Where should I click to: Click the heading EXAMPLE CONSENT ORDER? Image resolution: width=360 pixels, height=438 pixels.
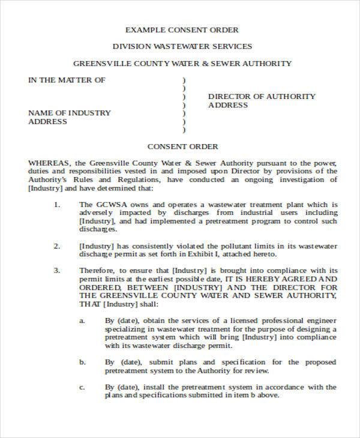pos(182,29)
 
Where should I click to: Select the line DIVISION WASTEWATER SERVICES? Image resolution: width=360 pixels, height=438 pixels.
pos(182,46)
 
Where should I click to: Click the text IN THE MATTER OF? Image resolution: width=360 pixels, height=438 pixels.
pos(67,80)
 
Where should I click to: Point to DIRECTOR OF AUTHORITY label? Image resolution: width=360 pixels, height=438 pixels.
pos(262,96)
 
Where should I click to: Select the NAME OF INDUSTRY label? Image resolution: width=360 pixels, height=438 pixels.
pos(70,113)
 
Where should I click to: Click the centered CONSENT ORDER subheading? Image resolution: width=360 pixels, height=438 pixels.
pos(182,146)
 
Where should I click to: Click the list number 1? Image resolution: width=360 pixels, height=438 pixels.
pos(57,205)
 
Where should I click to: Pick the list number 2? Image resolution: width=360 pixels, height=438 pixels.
pos(57,246)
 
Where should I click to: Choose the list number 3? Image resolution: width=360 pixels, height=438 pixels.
pos(57,271)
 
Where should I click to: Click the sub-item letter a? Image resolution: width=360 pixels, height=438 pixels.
pos(83,321)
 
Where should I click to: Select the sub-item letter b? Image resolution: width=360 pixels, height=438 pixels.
pos(83,362)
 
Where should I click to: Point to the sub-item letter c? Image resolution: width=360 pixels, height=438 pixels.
pos(83,387)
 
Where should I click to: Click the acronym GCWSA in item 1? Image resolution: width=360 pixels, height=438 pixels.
pos(106,205)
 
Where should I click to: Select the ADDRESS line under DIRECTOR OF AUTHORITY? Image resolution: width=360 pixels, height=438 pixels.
pos(227,105)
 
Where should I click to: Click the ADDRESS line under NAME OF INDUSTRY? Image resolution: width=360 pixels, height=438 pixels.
pos(47,122)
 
